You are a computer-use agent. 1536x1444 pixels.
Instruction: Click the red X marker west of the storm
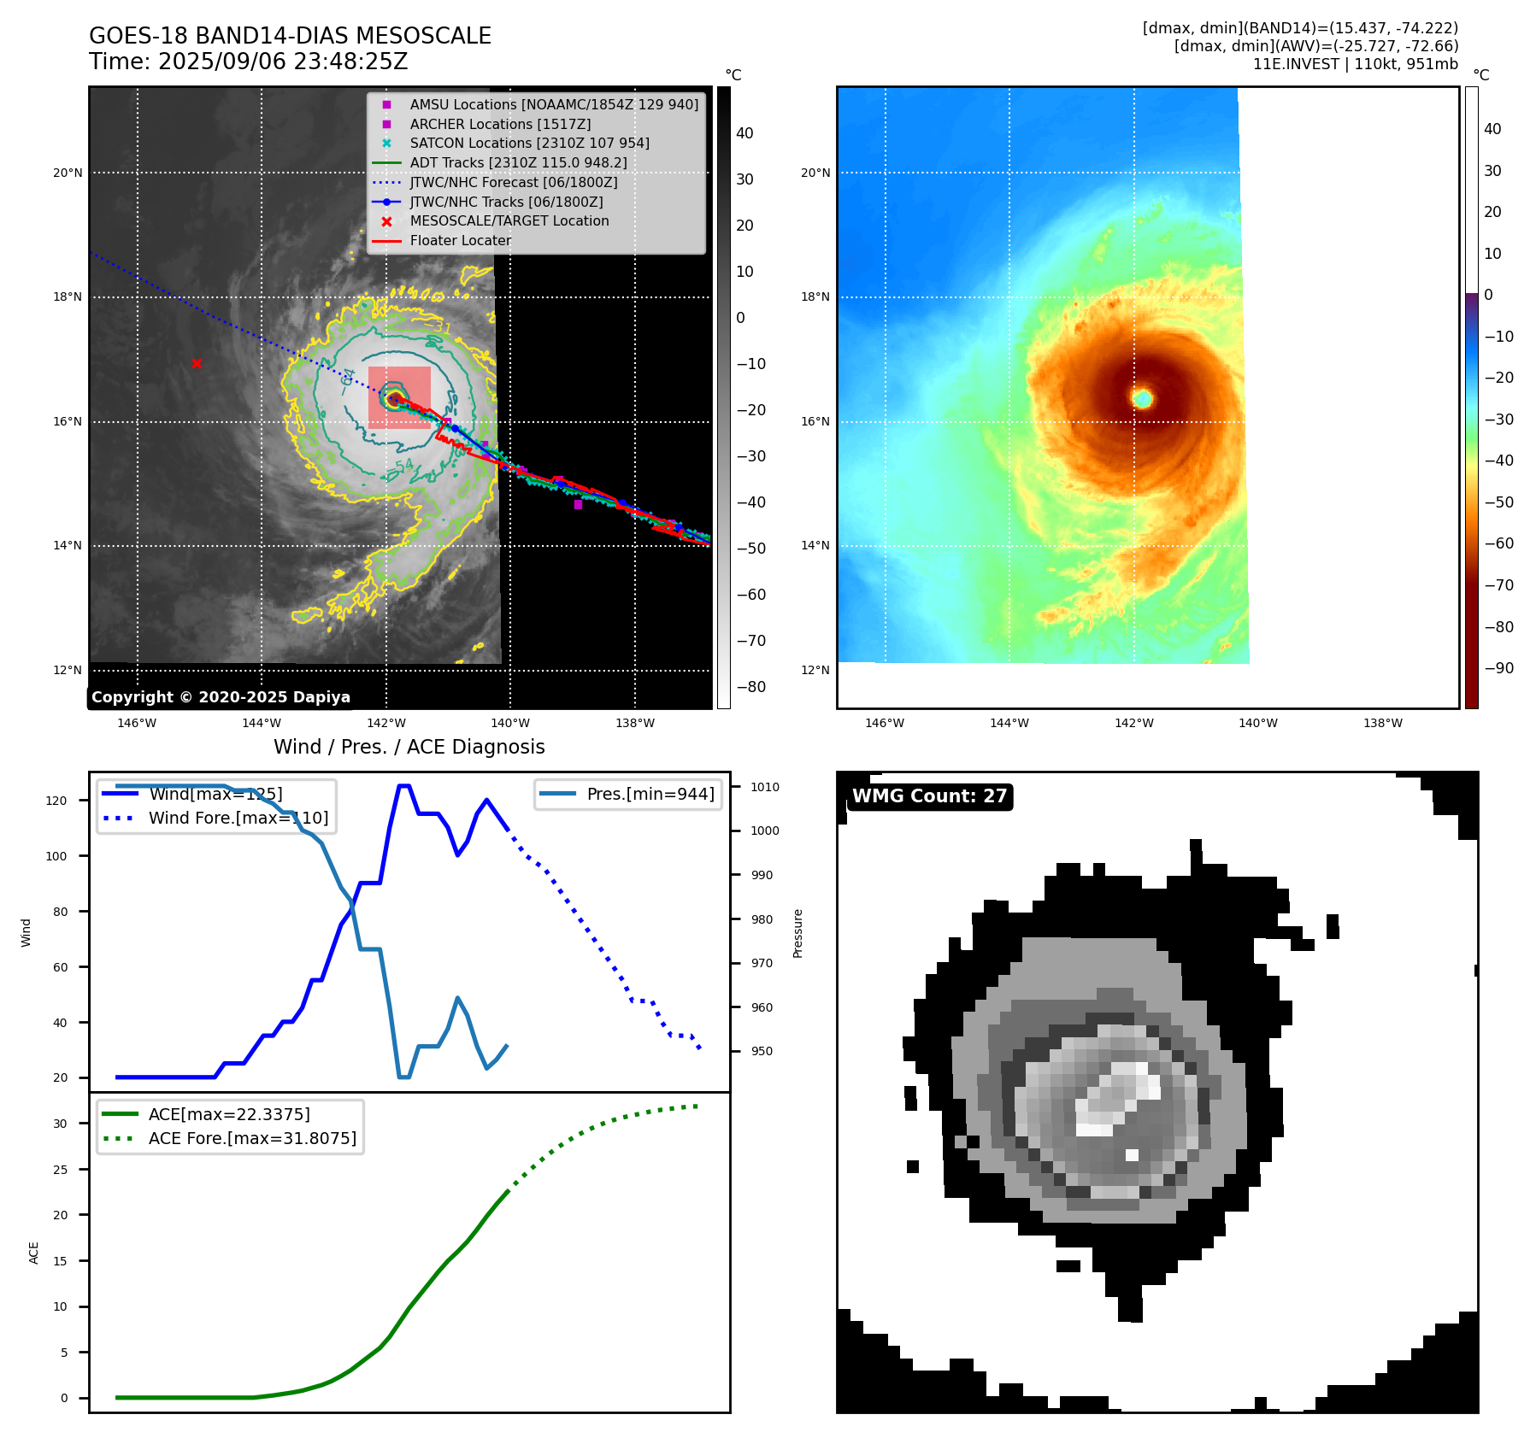click(x=197, y=364)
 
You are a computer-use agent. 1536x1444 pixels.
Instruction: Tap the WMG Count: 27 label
click(x=929, y=796)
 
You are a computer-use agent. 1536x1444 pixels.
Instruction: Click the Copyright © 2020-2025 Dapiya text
click(x=221, y=697)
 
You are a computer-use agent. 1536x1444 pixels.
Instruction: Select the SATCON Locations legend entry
click(x=529, y=144)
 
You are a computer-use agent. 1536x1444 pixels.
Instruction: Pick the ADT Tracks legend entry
click(x=518, y=163)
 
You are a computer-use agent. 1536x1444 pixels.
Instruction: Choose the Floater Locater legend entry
click(x=460, y=241)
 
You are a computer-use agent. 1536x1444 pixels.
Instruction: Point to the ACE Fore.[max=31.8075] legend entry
click(x=252, y=1138)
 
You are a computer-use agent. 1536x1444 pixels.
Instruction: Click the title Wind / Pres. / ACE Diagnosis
click(x=409, y=747)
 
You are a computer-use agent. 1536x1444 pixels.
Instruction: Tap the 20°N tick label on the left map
click(x=68, y=173)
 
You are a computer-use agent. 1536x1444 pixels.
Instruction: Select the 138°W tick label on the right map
click(x=1382, y=724)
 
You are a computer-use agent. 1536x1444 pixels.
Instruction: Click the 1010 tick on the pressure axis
click(x=765, y=787)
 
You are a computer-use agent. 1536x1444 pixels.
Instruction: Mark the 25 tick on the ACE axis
click(x=60, y=1170)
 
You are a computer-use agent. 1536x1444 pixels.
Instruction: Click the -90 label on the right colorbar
click(x=1498, y=668)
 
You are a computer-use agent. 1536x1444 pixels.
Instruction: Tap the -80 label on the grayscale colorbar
click(x=751, y=687)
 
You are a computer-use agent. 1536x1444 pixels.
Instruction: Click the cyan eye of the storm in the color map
click(x=1143, y=398)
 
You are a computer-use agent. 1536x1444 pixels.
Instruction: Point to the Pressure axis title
click(x=797, y=933)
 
